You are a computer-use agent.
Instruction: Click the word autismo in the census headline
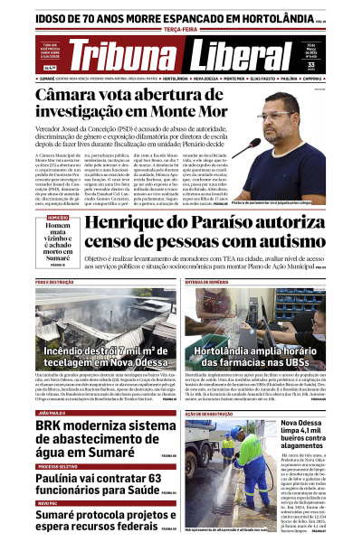(x=281, y=243)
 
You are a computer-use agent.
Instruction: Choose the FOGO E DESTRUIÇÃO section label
(x=54, y=282)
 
